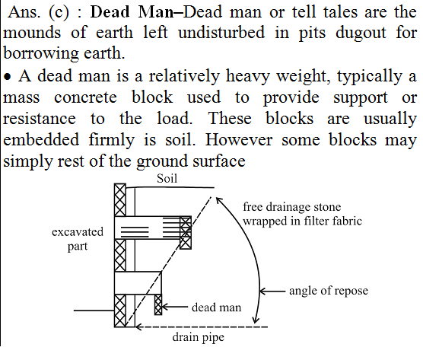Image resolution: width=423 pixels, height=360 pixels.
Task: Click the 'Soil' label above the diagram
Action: tap(167, 179)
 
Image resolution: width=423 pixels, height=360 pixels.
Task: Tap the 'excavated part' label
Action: tap(78, 239)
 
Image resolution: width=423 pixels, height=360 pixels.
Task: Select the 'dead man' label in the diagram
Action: tap(216, 307)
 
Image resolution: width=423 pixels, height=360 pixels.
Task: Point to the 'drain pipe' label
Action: tap(199, 337)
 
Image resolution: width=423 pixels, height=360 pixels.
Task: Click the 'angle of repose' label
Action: tap(329, 291)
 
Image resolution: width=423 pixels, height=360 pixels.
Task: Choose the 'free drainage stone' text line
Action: tap(292, 207)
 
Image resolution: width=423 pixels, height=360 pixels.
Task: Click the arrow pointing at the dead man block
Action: tap(175, 307)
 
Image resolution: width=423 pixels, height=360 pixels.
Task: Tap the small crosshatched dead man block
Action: tap(158, 304)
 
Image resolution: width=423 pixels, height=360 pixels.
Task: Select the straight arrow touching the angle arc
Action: tap(272, 292)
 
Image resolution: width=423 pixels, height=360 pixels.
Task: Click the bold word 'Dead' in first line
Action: tap(110, 12)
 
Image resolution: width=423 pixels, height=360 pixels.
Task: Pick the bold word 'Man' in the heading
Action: tap(156, 12)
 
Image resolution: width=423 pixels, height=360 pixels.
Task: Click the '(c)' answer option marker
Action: tap(59, 13)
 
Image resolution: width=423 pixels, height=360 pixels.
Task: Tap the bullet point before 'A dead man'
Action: tap(8, 77)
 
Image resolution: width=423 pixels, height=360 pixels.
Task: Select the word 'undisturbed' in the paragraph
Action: tap(221, 33)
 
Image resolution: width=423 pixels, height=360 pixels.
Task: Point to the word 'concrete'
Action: tap(85, 97)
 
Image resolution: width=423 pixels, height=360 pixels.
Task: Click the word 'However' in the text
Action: tap(239, 140)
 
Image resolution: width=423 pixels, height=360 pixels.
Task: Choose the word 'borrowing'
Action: tap(41, 53)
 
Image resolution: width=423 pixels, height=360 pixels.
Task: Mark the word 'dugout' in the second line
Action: tap(361, 33)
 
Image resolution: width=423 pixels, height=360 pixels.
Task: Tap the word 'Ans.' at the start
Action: tap(24, 12)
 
